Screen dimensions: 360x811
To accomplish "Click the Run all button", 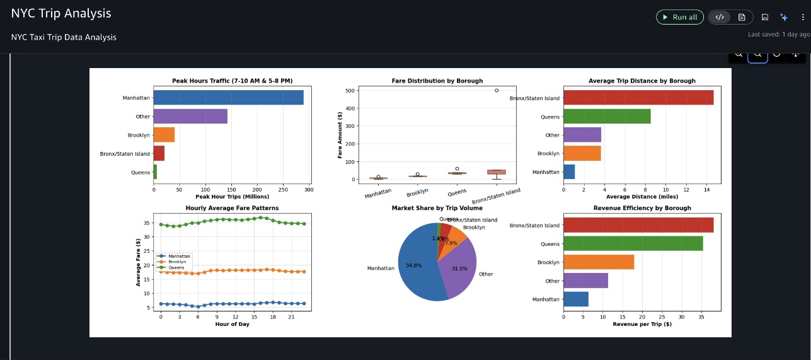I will [x=679, y=17].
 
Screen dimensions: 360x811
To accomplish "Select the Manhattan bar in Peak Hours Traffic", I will [x=228, y=98].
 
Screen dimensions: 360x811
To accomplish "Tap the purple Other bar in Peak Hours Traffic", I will [x=190, y=116].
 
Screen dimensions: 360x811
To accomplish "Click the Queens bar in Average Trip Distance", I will [x=606, y=117].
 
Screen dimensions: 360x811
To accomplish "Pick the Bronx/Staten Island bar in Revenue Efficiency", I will [x=638, y=225].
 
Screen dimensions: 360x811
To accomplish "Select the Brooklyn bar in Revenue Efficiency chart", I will [x=598, y=262].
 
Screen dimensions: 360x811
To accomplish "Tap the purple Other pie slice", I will [x=459, y=268].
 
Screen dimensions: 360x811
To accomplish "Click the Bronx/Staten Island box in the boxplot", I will [x=497, y=171].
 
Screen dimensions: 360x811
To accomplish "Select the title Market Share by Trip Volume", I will [x=437, y=207].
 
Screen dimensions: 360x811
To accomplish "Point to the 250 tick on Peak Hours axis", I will [x=283, y=189].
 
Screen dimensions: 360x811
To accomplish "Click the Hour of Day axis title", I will [x=232, y=324].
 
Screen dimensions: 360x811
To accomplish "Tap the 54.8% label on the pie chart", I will [x=414, y=265].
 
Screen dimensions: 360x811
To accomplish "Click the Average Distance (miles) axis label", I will [x=641, y=196].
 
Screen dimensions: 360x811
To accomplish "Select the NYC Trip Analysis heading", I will [x=61, y=13].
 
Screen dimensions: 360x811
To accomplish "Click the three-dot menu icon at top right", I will [x=802, y=17].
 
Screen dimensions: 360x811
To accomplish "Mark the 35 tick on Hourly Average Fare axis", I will [x=146, y=223].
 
